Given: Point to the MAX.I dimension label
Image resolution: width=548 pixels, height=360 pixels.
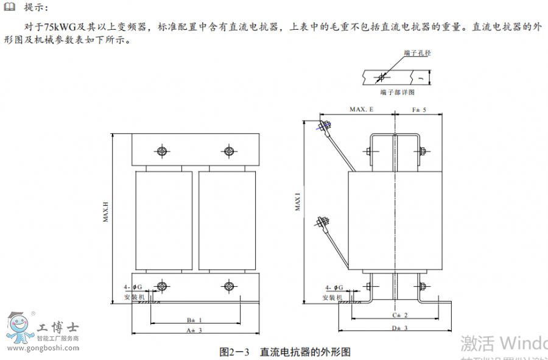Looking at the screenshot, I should point(298,202).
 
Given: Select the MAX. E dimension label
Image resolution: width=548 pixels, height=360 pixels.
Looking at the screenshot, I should point(361,110).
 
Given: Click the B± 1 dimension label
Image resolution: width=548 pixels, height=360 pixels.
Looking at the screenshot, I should point(194,319).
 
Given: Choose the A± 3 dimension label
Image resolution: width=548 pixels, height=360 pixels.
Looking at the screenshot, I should point(194,330).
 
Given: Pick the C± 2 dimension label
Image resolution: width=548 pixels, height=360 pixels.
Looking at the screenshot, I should point(399,315).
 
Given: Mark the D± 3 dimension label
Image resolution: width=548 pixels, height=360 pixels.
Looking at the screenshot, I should point(399,328).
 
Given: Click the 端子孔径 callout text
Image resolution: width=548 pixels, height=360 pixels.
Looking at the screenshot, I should point(417,54).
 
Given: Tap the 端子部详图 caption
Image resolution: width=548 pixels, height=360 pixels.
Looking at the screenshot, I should point(396,92).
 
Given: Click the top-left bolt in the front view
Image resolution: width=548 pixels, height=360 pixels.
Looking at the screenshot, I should point(161,151).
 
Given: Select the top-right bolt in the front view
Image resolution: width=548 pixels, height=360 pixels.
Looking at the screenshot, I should point(229,151).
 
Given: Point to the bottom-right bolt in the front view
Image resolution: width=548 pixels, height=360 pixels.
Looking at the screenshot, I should point(229,286).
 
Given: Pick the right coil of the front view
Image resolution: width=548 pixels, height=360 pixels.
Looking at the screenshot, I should point(226,221).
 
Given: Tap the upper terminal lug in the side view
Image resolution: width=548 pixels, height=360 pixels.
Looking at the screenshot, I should point(324,127).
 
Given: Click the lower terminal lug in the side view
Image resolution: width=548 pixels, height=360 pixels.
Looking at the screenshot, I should point(323,224).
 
